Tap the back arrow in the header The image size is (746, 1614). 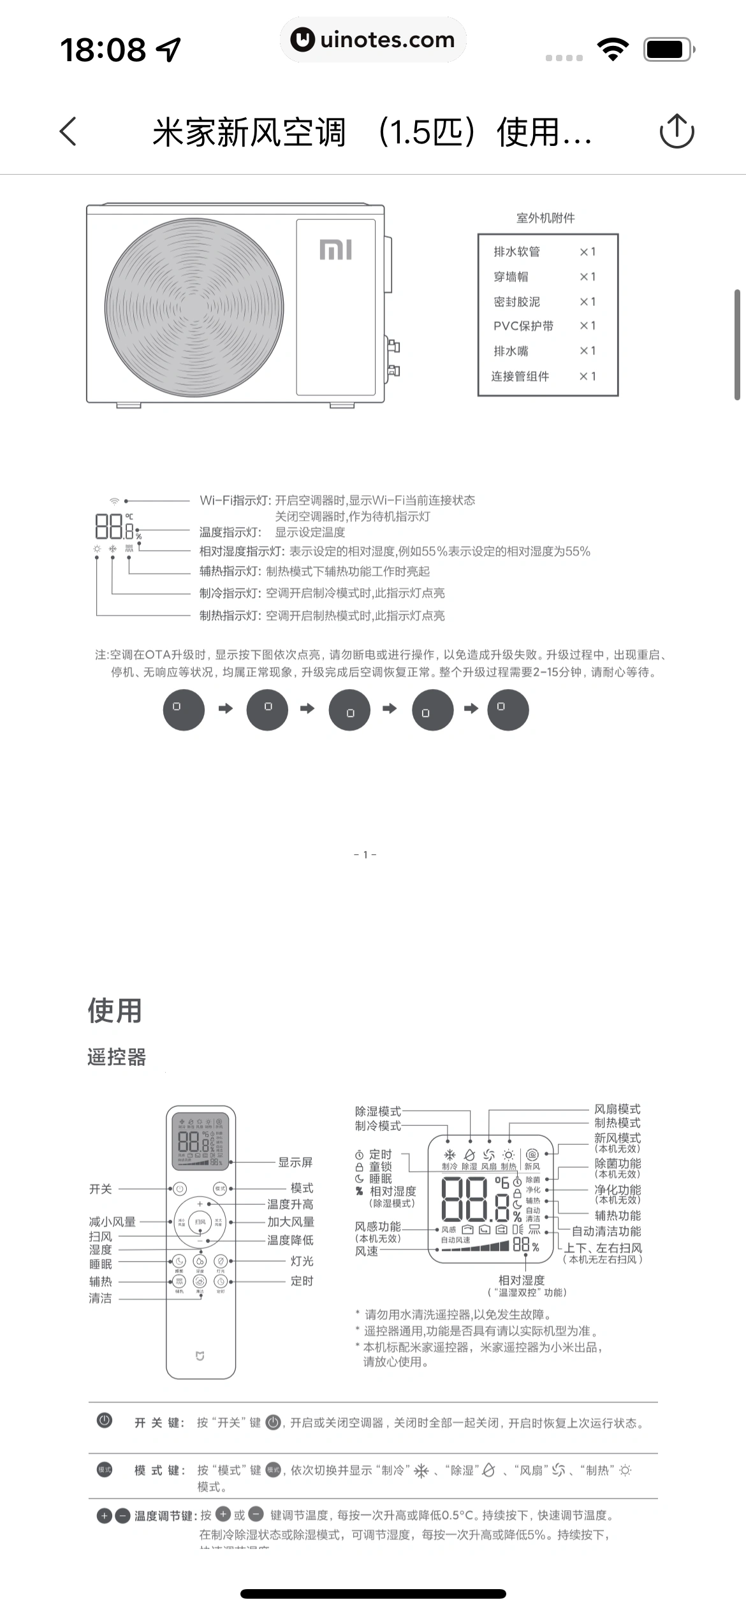pyautogui.click(x=68, y=131)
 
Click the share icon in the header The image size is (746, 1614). pyautogui.click(x=676, y=131)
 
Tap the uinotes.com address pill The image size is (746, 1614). pyautogui.click(x=373, y=40)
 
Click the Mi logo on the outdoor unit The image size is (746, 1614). pyautogui.click(x=335, y=249)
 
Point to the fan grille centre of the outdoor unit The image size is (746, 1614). pyautogui.click(x=194, y=308)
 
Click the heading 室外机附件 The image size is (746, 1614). pyautogui.click(x=545, y=218)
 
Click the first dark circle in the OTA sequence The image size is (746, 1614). pyautogui.click(x=184, y=709)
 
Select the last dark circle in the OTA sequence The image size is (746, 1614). pyautogui.click(x=508, y=709)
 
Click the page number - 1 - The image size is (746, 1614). pyautogui.click(x=365, y=855)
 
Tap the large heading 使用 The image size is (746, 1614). pyautogui.click(x=115, y=1011)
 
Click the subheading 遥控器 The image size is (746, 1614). pyautogui.click(x=117, y=1057)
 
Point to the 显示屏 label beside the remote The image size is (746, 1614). pyautogui.click(x=295, y=1162)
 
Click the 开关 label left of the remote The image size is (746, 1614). pyautogui.click(x=101, y=1189)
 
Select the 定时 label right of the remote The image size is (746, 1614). pyautogui.click(x=302, y=1281)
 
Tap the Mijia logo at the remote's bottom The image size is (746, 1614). pyautogui.click(x=200, y=1356)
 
